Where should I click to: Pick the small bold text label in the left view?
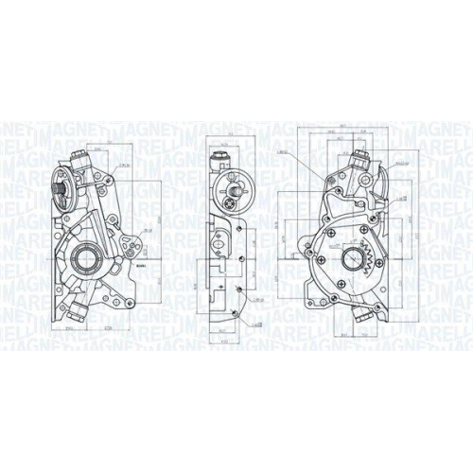click(141, 268)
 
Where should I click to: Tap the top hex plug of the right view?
click(359, 158)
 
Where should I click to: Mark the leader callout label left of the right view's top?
click(281, 152)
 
